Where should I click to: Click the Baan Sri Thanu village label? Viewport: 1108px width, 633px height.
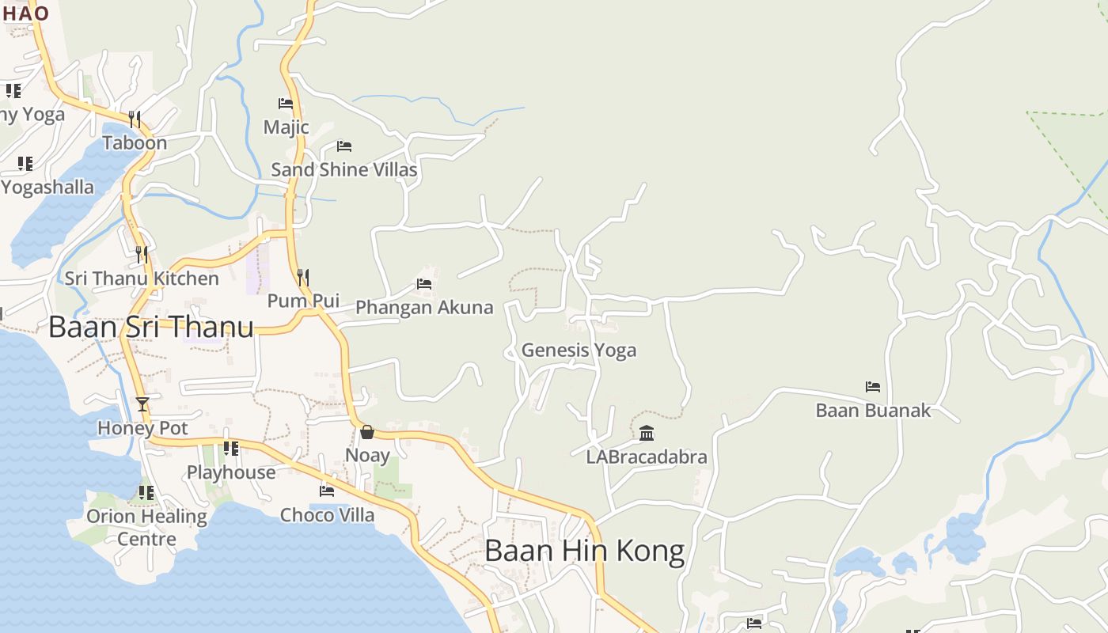tap(151, 327)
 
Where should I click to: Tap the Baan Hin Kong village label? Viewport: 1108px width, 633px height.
tap(584, 551)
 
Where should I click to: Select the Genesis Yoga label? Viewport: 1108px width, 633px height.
tap(579, 350)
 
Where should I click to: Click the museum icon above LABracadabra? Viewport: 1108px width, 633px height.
tap(647, 433)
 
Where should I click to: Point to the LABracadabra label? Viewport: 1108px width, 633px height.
tap(647, 457)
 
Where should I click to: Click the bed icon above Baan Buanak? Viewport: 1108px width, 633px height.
tap(873, 387)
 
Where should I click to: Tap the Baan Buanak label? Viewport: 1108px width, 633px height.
tap(873, 411)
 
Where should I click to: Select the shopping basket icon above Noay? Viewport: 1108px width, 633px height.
tap(367, 432)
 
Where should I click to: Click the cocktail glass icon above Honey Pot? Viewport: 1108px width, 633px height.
tap(142, 404)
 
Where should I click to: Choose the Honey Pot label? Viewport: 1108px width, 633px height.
tap(142, 428)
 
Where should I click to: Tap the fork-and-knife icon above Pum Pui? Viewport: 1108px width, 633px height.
tap(303, 277)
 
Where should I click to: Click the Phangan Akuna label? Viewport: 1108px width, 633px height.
tap(424, 307)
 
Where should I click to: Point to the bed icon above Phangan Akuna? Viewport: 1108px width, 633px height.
tap(424, 283)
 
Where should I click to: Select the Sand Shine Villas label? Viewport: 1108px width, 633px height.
tap(343, 169)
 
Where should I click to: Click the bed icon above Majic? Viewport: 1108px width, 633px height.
tap(286, 104)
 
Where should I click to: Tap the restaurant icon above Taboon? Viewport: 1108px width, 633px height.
tap(135, 119)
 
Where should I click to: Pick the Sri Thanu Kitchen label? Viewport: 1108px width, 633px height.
tap(142, 279)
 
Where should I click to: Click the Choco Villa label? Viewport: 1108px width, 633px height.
tap(327, 515)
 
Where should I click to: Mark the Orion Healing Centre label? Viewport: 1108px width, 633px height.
tap(146, 528)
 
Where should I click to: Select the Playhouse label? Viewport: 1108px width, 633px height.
tap(231, 472)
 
